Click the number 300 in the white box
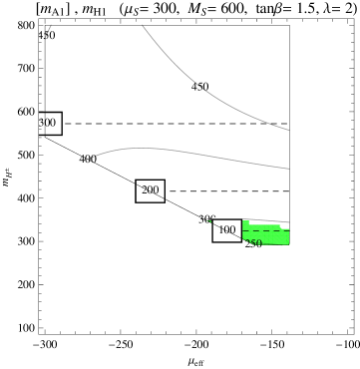pos(48,123)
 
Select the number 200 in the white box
pos(150,189)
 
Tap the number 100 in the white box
pos(227,230)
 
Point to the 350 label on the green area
pos(253,242)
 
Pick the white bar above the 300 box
pos(51,111)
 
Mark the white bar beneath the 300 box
pos(51,137)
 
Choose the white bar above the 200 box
pos(150,179)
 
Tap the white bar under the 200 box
pos(150,203)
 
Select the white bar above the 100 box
pos(227,217)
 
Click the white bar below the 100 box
pos(227,244)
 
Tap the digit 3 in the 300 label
pos(42,123)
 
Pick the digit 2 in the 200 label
pos(145,189)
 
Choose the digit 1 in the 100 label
pos(221,230)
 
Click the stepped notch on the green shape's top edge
pos(281,227)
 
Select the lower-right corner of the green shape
pos(288,243)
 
